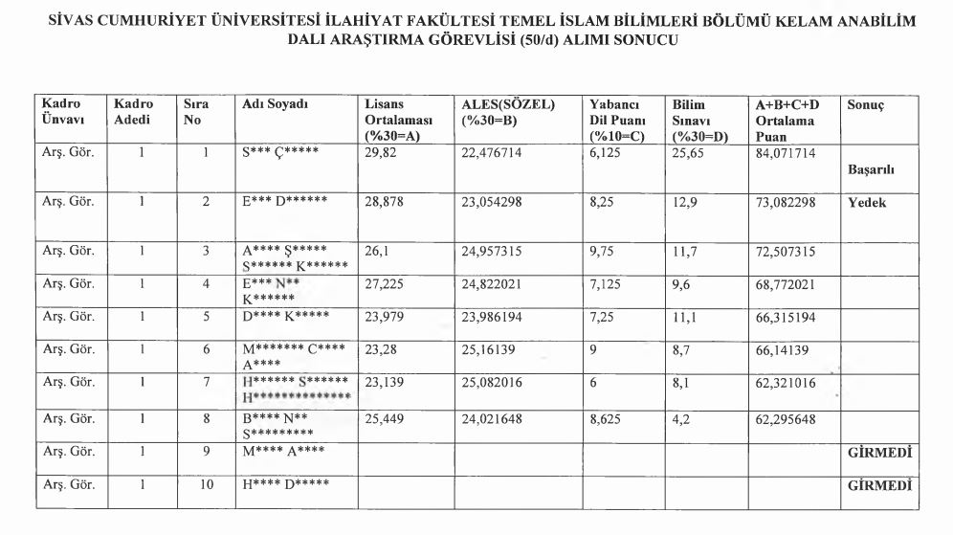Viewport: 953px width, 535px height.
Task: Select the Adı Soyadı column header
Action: click(x=275, y=104)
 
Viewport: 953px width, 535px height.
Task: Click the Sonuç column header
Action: click(x=865, y=105)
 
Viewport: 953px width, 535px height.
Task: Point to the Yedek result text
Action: click(x=866, y=203)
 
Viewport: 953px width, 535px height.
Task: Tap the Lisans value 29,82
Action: click(x=381, y=152)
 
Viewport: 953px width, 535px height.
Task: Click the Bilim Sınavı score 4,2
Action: click(x=682, y=418)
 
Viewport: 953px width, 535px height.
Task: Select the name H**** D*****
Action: click(x=285, y=486)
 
